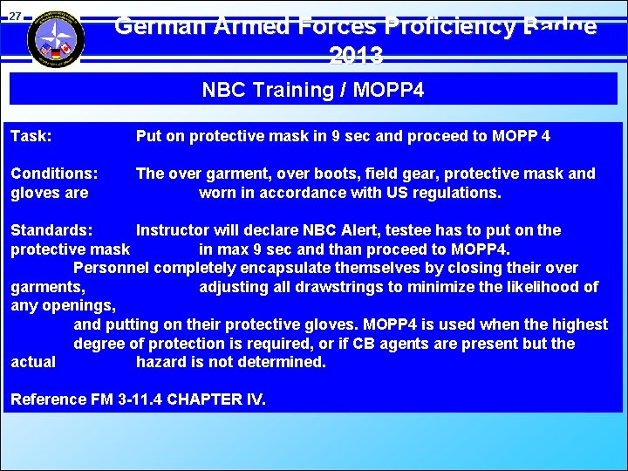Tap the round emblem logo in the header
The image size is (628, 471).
(56, 38)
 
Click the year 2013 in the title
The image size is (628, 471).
(356, 57)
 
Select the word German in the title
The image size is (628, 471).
(158, 26)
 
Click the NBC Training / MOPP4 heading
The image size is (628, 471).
(312, 90)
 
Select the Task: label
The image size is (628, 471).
(31, 136)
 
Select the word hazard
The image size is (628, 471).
(162, 362)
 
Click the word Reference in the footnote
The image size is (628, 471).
(48, 399)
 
